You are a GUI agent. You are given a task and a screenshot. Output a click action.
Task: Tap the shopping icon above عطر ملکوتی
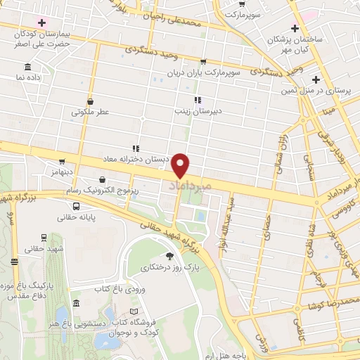(89, 101)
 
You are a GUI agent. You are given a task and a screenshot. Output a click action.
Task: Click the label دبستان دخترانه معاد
(137, 159)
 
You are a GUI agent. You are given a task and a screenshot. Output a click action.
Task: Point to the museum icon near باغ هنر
(76, 302)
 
